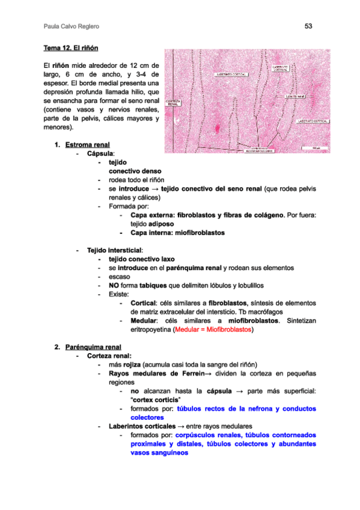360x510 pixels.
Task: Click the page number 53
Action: [x=308, y=26]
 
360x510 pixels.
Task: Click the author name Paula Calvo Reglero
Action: [x=72, y=27]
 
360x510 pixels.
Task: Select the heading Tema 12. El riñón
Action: [x=71, y=47]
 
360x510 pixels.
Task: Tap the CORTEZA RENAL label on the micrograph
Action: [x=172, y=103]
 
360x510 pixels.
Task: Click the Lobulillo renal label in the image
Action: [x=295, y=96]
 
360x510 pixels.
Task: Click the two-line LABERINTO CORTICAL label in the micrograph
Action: [x=280, y=68]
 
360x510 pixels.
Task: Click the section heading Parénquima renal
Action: [x=93, y=347]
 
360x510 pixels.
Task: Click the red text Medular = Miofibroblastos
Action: [x=213, y=330]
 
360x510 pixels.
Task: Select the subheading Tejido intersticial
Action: [x=115, y=250]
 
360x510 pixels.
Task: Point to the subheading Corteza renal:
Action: [x=109, y=355]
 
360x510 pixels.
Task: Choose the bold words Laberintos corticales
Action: [x=140, y=426]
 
